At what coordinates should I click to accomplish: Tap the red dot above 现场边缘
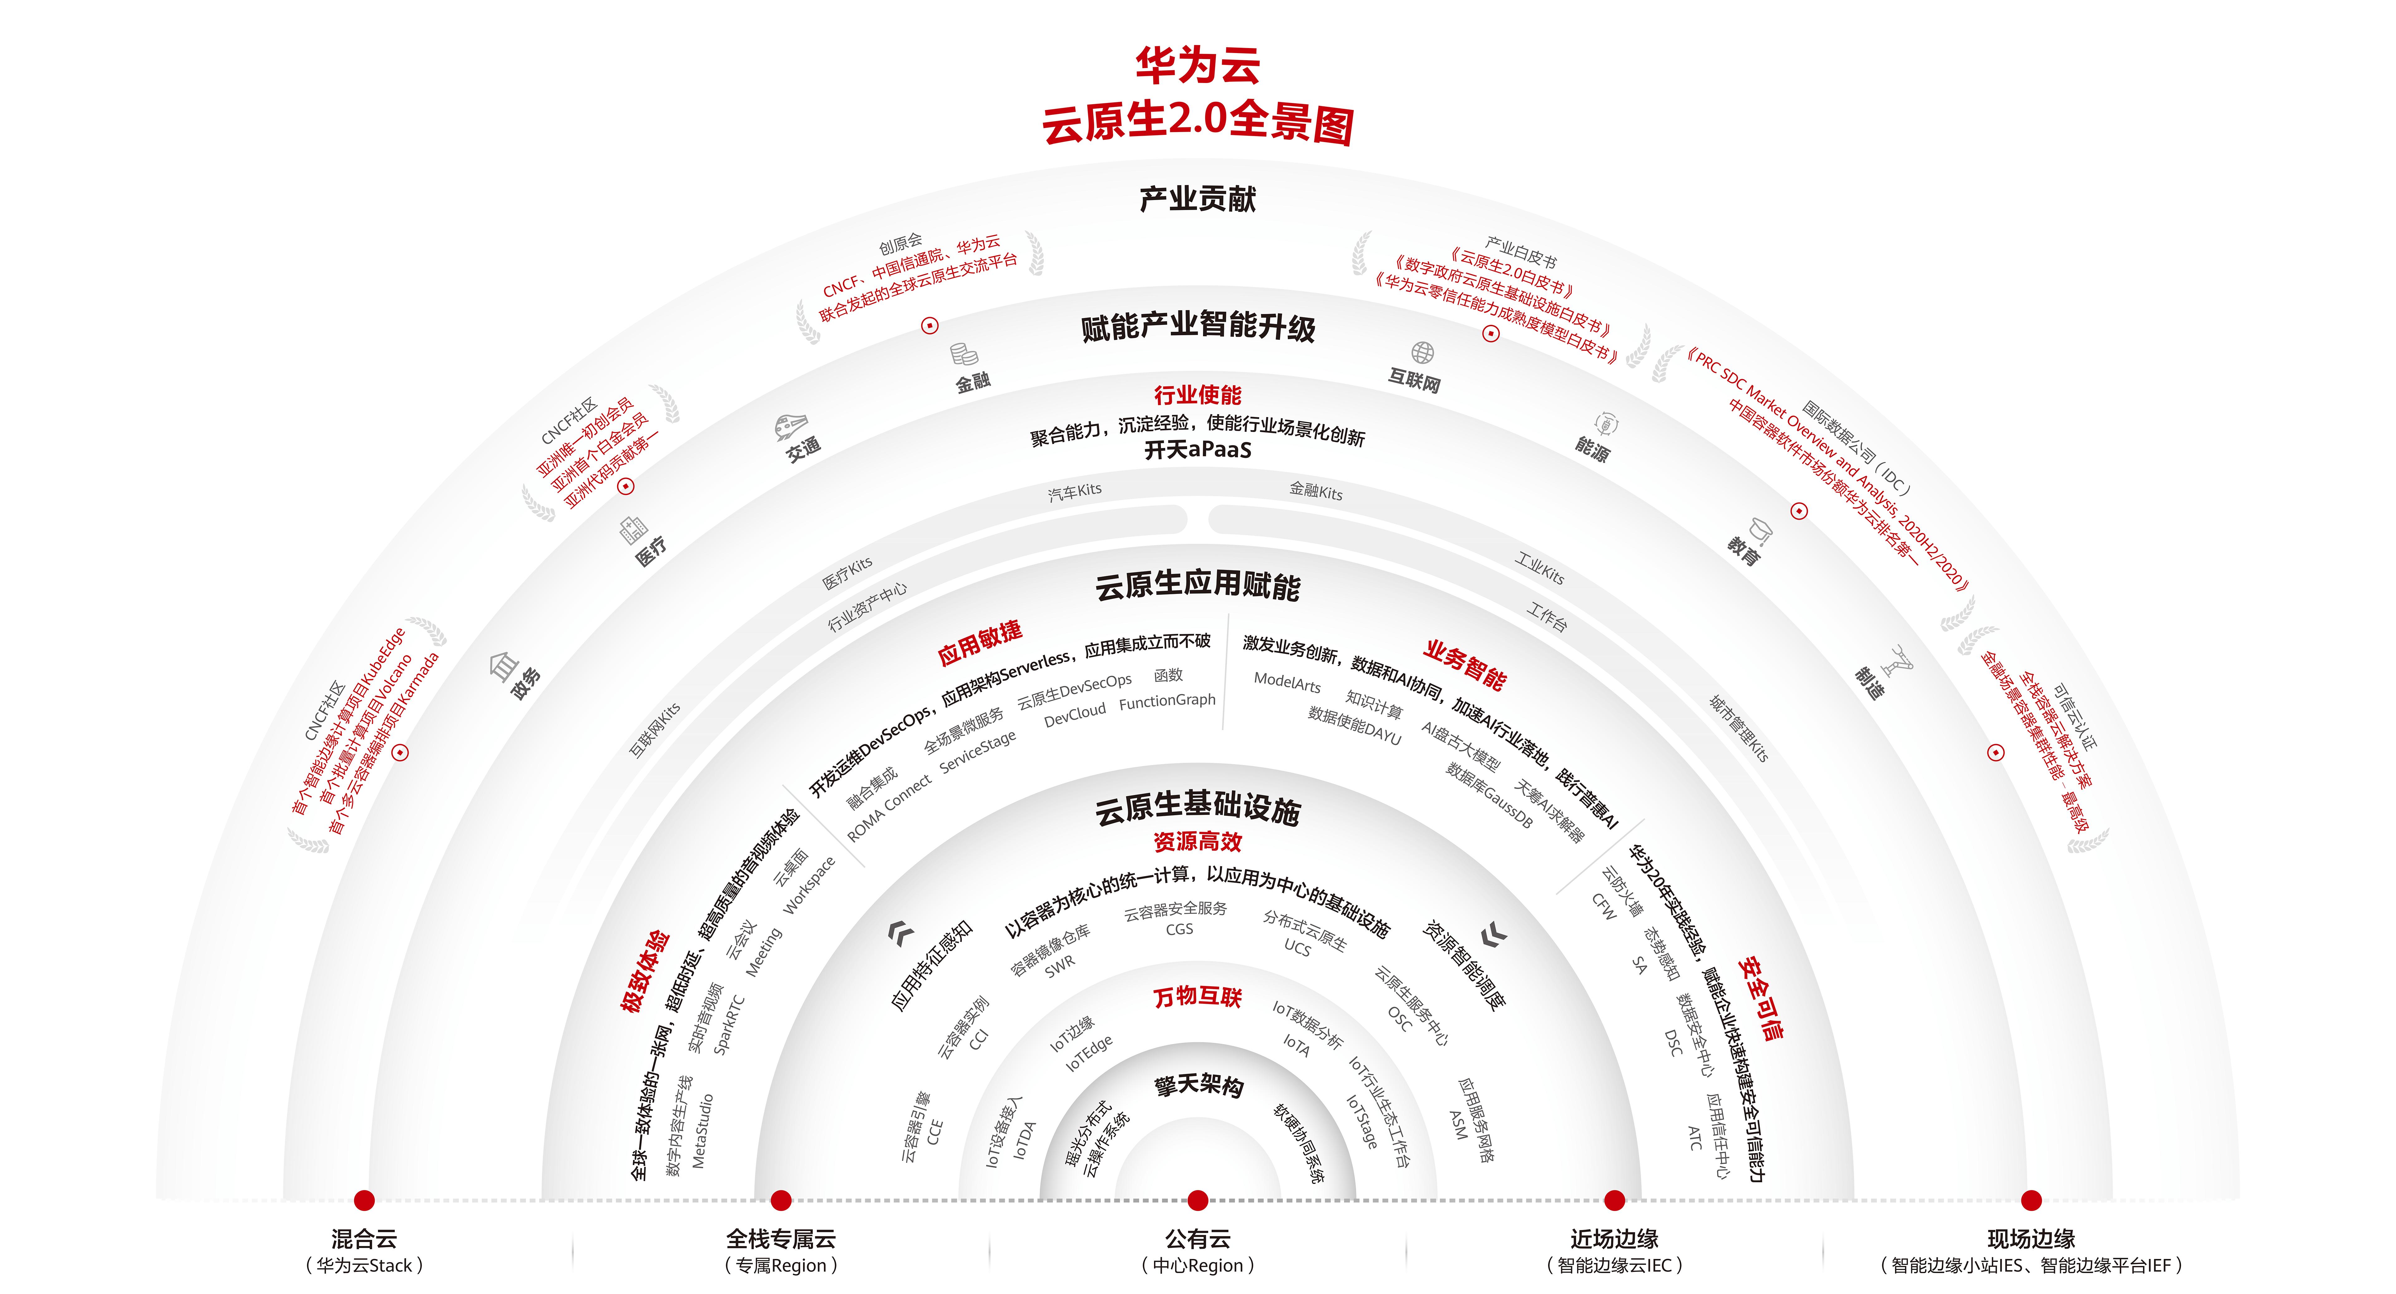pyautogui.click(x=2031, y=1200)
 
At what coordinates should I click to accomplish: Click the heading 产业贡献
pyautogui.click(x=1198, y=198)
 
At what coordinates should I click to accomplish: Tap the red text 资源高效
pyautogui.click(x=1198, y=842)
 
